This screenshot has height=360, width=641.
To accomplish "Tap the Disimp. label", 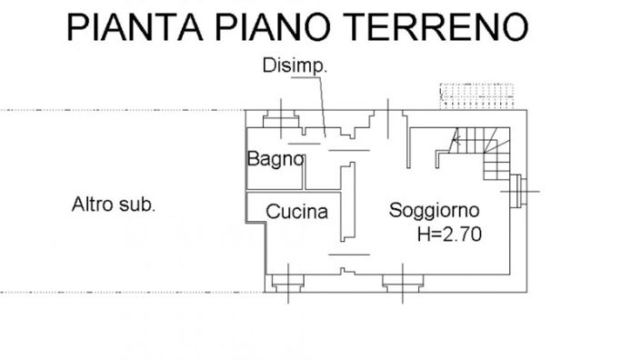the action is [295, 65].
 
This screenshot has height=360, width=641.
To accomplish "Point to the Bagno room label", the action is [274, 159].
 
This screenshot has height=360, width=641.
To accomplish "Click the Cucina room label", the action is [296, 213].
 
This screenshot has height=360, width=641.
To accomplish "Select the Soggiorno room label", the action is [435, 210].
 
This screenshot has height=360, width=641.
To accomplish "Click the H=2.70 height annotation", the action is [448, 234].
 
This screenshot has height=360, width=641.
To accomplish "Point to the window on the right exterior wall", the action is [519, 189].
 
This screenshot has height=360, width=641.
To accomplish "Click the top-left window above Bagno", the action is [279, 120].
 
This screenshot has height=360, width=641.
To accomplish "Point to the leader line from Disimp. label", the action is [320, 105].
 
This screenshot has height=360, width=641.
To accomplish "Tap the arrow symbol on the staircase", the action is [457, 140].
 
